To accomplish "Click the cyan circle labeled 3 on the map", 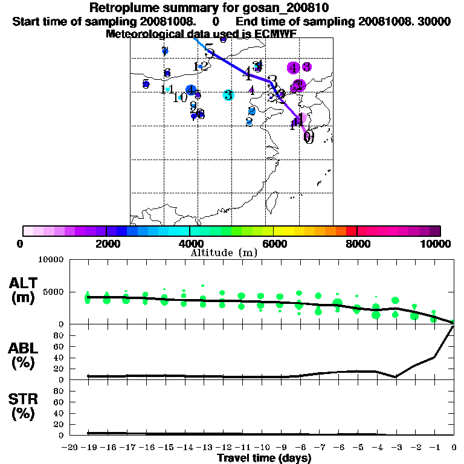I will click(228, 95).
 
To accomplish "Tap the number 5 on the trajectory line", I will click(209, 50).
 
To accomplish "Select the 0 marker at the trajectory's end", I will click(309, 137).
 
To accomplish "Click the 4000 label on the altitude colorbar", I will click(190, 243).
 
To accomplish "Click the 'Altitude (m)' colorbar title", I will click(224, 253).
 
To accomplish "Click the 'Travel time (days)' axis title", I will click(264, 458).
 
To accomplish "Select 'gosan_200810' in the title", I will click(290, 8).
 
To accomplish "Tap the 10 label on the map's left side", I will click(179, 97).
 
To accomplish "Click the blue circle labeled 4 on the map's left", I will click(192, 91).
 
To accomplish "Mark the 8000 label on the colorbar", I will click(358, 243).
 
